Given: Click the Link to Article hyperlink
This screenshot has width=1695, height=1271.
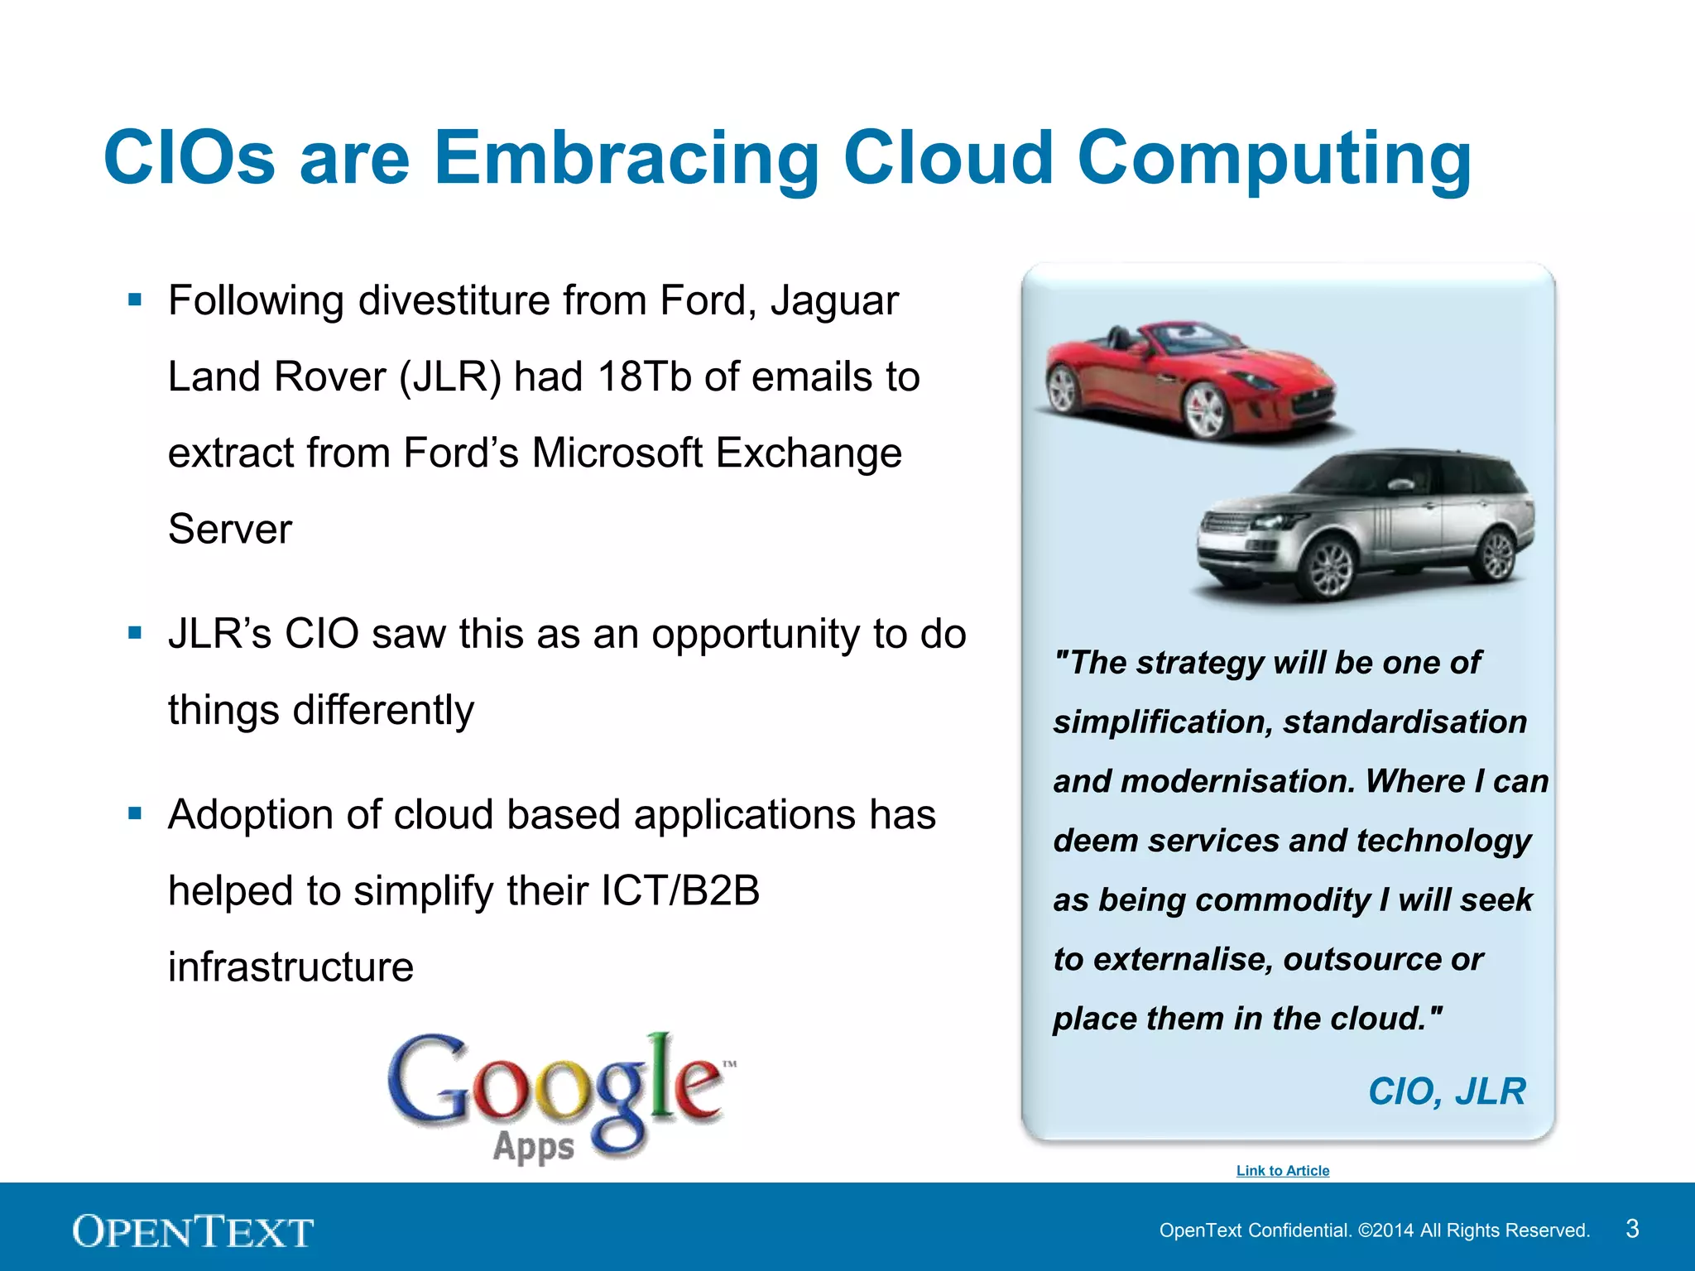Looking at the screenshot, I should (x=1282, y=1170).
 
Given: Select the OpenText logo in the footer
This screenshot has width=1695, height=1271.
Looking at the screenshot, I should (x=193, y=1230).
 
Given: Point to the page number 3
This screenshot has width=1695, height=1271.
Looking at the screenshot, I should (x=1631, y=1228).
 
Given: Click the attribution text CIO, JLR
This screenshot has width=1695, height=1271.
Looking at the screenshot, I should (x=1446, y=1091).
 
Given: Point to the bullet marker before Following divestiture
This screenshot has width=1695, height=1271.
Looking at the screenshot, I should (x=136, y=300).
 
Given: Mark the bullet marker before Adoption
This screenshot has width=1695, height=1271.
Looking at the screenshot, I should (x=136, y=814).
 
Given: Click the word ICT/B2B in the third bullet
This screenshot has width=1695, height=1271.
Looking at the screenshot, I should (x=679, y=890).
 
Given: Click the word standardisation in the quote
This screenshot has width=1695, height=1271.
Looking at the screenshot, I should (x=1404, y=722).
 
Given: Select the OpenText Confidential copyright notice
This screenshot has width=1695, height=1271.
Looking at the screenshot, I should (x=1374, y=1230).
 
